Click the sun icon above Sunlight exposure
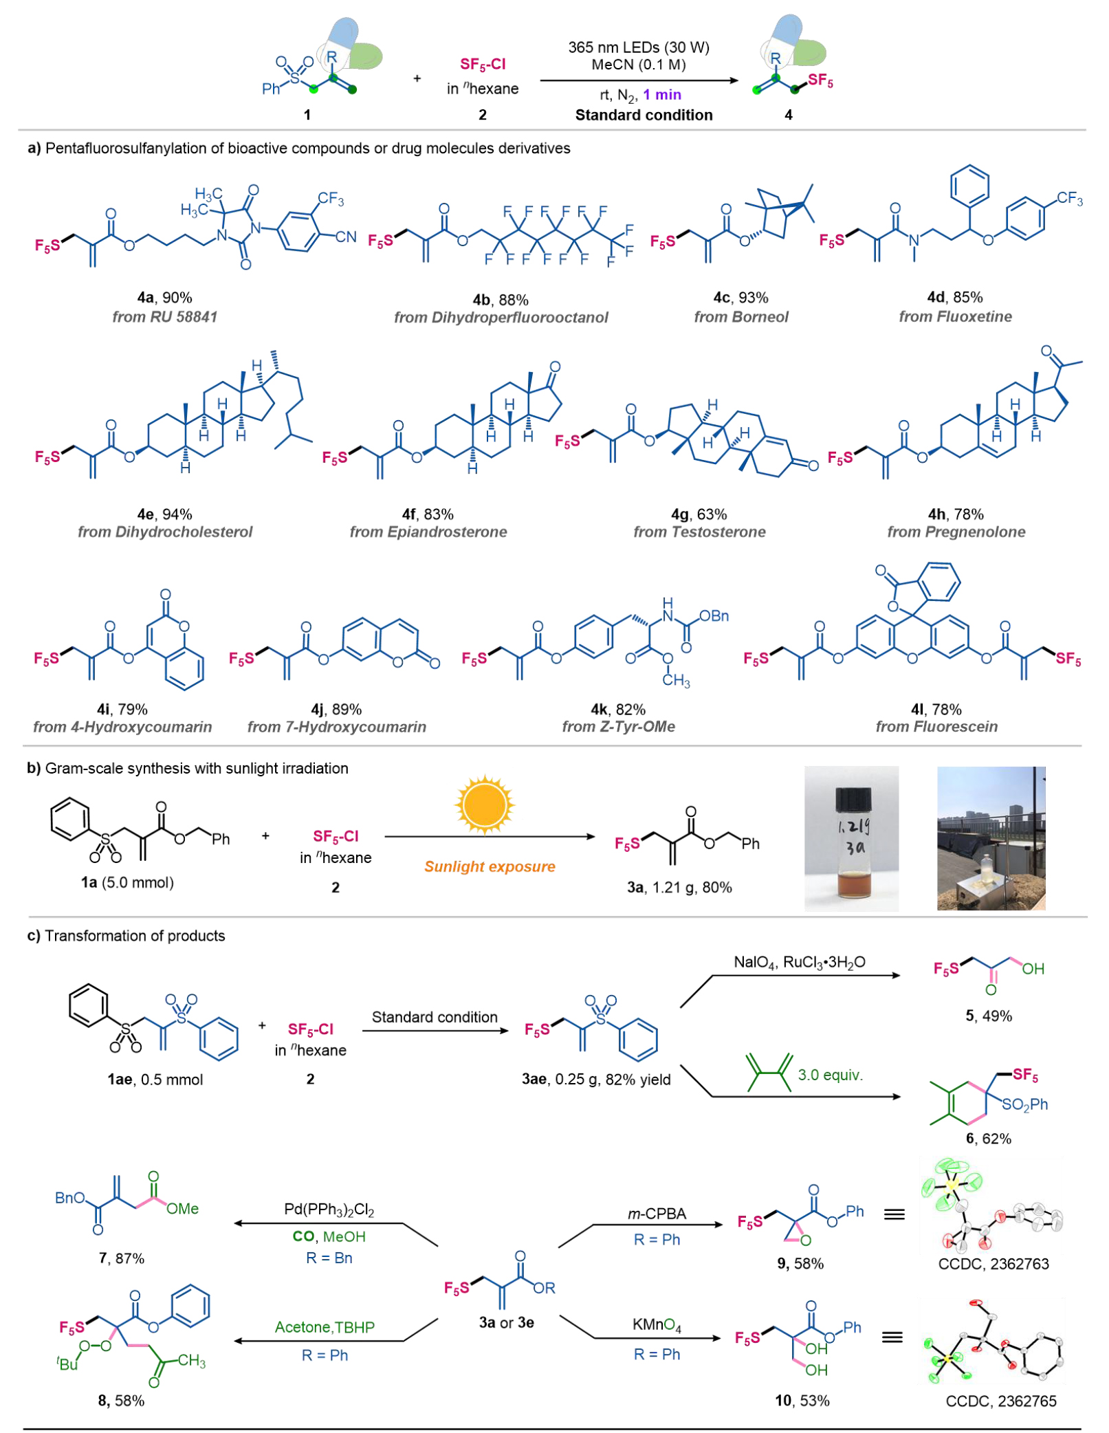484,804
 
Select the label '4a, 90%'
164,298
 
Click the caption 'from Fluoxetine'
955,316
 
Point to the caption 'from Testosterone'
699,532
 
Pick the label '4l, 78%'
936,709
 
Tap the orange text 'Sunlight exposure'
490,866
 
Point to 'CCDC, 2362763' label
993,1263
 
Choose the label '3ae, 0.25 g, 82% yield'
596,1079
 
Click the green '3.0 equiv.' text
830,1074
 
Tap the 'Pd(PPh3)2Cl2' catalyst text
329,1210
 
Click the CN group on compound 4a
345,237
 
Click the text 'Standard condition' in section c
435,1016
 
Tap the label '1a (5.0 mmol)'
127,882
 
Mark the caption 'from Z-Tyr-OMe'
618,726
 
